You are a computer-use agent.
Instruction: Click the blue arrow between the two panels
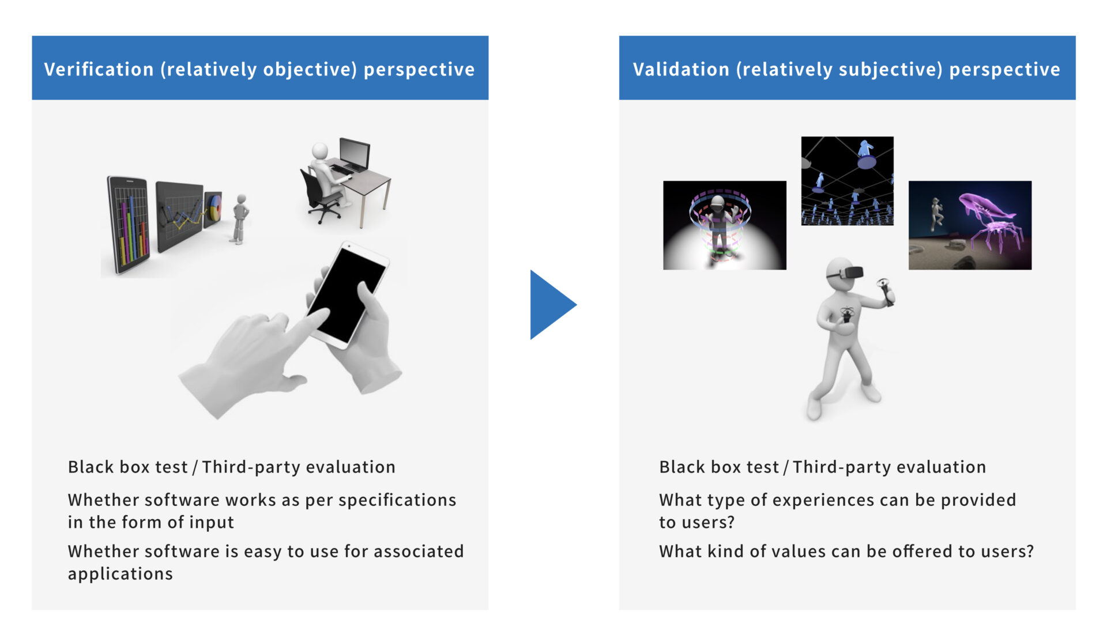551,305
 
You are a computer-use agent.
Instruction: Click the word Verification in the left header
99,69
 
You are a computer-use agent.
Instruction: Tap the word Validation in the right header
681,69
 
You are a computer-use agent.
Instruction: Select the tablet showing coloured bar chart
129,225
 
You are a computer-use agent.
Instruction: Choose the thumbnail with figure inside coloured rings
725,225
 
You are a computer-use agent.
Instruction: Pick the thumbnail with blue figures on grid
848,181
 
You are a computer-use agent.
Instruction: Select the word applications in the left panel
121,574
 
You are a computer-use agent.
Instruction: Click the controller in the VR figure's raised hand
884,291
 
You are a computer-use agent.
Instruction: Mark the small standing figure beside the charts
239,219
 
